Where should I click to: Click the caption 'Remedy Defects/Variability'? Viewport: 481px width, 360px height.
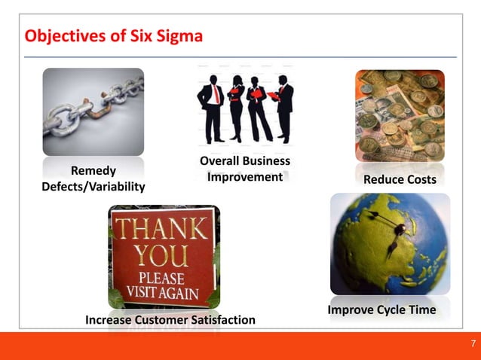(93, 178)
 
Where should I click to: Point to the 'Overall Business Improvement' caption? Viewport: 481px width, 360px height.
(244, 169)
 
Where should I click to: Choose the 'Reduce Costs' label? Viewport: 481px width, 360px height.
(400, 180)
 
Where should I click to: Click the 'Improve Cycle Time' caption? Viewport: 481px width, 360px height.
(381, 310)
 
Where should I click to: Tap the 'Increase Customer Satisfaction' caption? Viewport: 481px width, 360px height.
(170, 321)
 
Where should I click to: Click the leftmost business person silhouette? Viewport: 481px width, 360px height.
(210, 105)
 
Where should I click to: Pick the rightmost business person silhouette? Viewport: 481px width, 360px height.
(284, 105)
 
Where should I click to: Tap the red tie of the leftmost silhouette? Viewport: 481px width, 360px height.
(216, 93)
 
